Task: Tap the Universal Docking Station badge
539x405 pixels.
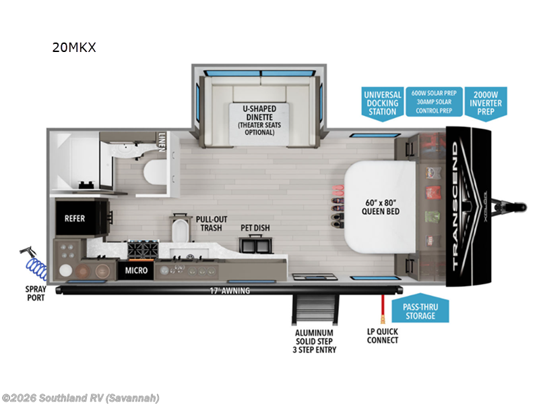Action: pyautogui.click(x=382, y=103)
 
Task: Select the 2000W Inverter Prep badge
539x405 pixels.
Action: pyautogui.click(x=486, y=103)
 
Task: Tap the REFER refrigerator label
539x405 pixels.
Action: pyautogui.click(x=74, y=219)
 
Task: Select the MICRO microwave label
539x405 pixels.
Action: pyautogui.click(x=136, y=271)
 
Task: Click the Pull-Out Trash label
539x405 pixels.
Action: pyautogui.click(x=211, y=223)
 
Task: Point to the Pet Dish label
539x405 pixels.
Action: pyautogui.click(x=255, y=228)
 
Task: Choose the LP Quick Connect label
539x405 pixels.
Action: pyautogui.click(x=383, y=335)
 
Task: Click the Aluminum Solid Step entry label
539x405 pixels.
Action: pyautogui.click(x=315, y=340)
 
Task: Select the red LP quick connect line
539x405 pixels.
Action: pyautogui.click(x=382, y=307)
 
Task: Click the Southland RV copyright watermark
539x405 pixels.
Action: pyautogui.click(x=81, y=398)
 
